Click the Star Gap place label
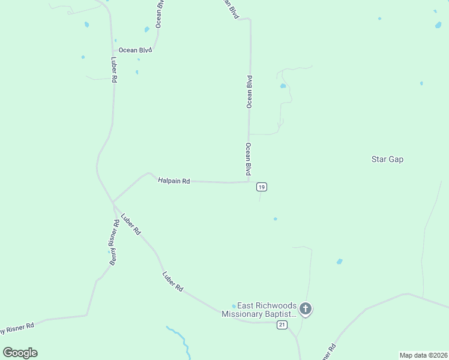coord(387,159)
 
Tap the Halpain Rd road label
coord(173,180)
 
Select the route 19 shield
coord(261,187)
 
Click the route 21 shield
coord(282,325)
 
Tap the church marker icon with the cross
coord(306,309)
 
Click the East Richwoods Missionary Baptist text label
coord(259,309)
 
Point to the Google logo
coord(20,353)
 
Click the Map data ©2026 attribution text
coord(423,355)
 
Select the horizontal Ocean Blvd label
coord(135,50)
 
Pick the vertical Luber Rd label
coord(113,70)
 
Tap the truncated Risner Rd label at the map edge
coord(17,328)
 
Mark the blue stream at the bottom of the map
coord(180,339)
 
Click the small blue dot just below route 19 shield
coord(276,218)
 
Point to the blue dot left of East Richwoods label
coord(234,306)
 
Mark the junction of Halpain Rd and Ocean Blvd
coord(249,182)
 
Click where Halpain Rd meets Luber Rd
coord(113,202)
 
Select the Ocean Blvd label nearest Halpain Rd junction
coord(247,159)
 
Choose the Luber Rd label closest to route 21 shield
coord(172,281)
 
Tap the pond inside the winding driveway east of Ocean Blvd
coord(283,86)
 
